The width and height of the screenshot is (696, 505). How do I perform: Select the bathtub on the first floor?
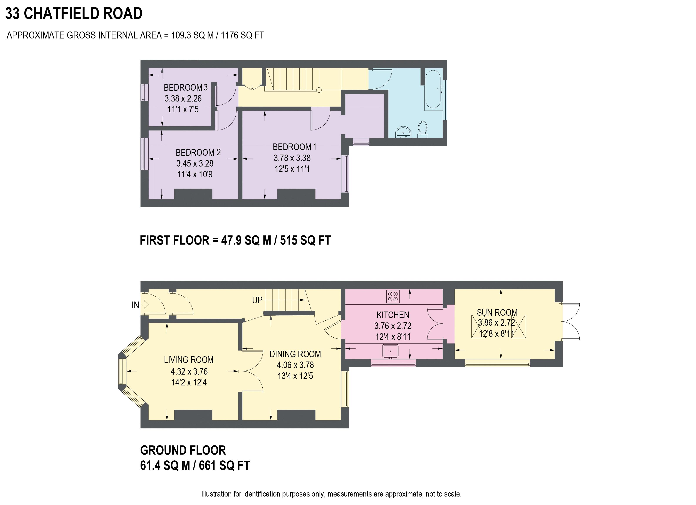point(433,89)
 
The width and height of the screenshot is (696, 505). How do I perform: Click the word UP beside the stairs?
point(257,300)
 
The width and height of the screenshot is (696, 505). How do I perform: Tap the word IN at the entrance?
point(135,305)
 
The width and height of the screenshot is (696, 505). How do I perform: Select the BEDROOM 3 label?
point(186,88)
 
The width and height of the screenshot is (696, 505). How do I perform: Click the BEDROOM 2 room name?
point(198,152)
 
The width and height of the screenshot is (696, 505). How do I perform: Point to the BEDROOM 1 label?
point(295,147)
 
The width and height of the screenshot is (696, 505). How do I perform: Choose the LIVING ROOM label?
point(189,360)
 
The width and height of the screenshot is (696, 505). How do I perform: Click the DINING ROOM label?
point(295,354)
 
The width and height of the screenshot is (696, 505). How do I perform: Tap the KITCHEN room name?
point(393,315)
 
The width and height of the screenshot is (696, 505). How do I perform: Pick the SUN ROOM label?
point(497,312)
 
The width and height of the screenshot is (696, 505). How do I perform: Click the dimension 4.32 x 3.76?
point(189,371)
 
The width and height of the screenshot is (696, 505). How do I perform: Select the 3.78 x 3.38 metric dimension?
point(292,158)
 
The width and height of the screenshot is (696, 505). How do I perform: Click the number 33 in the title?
point(13,13)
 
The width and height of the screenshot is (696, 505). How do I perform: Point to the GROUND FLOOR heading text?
point(183,450)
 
